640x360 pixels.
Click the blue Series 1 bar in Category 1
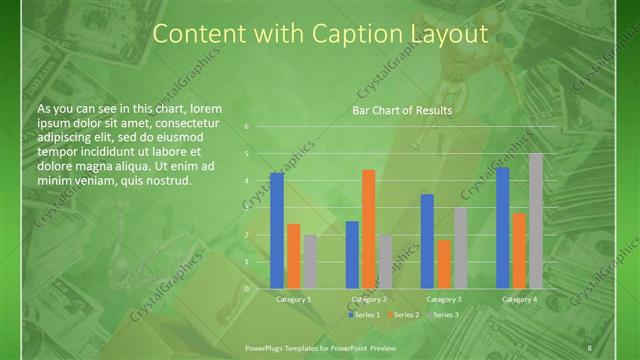point(277,230)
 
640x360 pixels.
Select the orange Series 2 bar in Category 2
point(369,229)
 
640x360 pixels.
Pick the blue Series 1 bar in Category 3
point(427,241)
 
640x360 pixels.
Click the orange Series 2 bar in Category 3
point(444,264)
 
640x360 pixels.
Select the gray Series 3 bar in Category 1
point(310,261)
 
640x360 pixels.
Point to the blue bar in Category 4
point(502,227)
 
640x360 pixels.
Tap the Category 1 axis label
point(293,299)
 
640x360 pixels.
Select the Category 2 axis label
point(369,299)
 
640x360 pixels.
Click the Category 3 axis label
point(444,299)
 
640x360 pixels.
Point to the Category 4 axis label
point(519,299)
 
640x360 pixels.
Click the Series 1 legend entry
point(365,314)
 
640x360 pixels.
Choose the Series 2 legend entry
point(404,314)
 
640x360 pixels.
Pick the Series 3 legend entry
point(443,314)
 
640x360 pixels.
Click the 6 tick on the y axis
point(246,127)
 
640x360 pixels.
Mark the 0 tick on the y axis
point(246,289)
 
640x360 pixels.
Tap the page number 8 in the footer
point(590,347)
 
